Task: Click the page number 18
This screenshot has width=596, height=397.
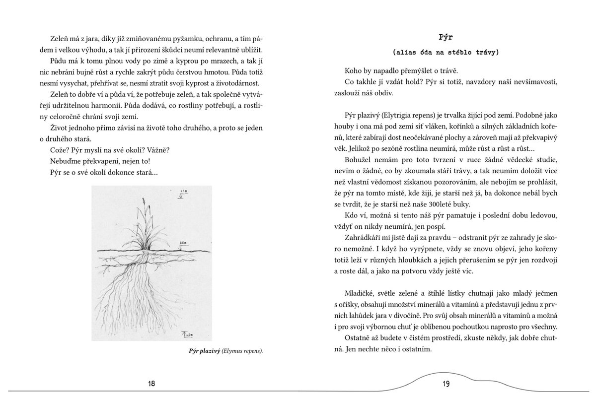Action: click(152, 383)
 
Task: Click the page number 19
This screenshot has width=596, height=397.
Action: click(446, 383)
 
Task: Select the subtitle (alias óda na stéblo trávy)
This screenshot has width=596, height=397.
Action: click(446, 52)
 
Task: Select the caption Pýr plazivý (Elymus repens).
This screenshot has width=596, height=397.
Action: click(226, 351)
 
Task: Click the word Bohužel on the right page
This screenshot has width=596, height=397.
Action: click(358, 159)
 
